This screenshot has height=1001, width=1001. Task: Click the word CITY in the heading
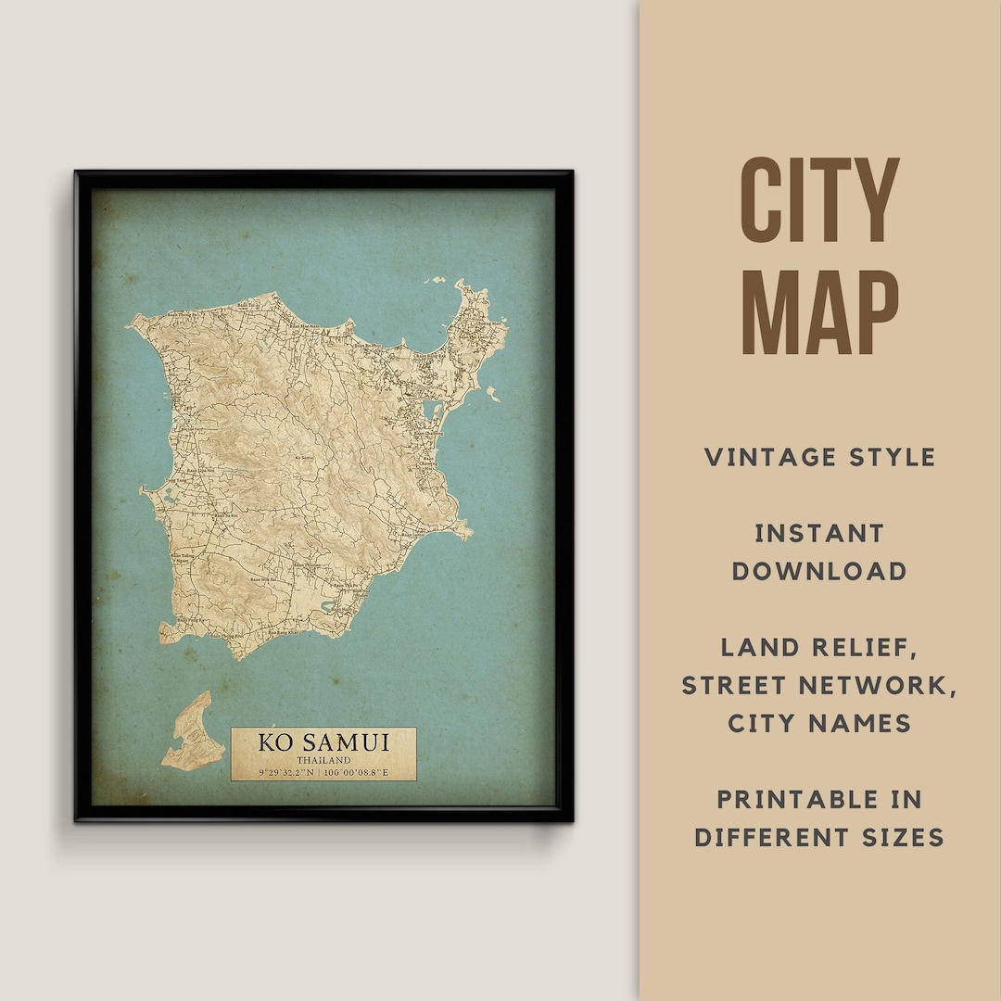pos(819,200)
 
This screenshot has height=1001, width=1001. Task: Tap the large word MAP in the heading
pos(819,312)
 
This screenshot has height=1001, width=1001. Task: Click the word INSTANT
pos(819,533)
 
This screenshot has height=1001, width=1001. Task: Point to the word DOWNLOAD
pos(819,571)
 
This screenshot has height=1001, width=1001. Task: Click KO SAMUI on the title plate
pos(323,742)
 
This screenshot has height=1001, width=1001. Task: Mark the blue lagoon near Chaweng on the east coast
pos(431,410)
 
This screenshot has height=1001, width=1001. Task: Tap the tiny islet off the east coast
pos(492,393)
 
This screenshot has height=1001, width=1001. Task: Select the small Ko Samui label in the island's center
pos(303,457)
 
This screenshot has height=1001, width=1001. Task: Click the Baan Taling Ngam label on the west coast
pos(184,560)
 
